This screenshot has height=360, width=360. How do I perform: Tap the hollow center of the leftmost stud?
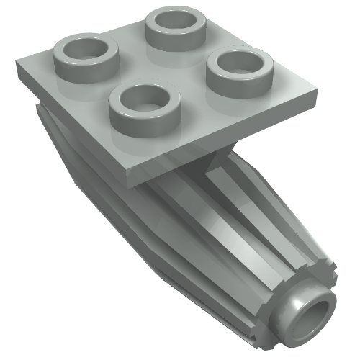[x=90, y=51]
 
